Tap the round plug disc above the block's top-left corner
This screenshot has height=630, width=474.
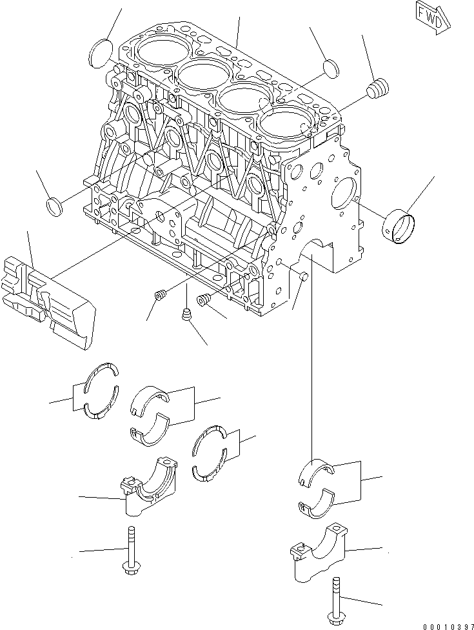(100, 52)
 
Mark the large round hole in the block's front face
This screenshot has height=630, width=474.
(344, 191)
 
